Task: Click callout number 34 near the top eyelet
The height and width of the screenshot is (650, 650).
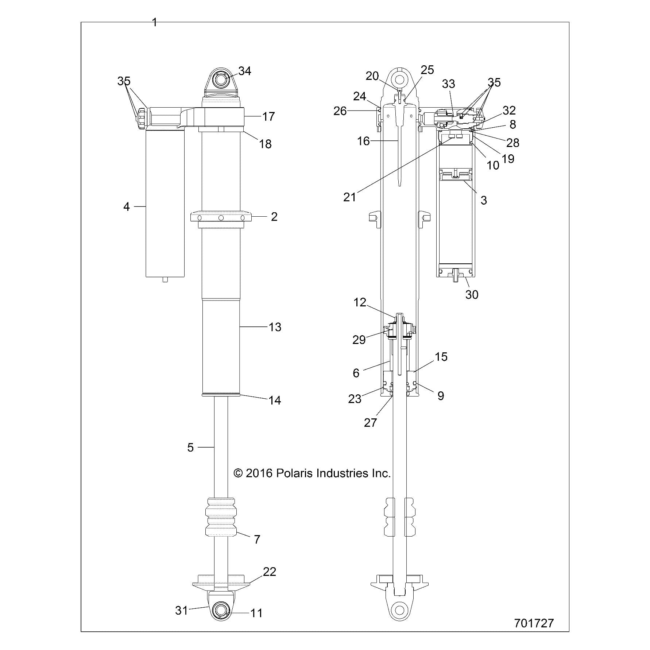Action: (x=244, y=71)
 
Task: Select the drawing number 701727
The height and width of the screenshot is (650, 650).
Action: (x=534, y=623)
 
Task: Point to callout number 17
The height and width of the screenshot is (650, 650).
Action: (x=268, y=117)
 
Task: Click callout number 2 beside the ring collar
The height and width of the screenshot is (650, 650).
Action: (x=274, y=217)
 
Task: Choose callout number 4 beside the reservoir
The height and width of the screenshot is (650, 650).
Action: (x=127, y=207)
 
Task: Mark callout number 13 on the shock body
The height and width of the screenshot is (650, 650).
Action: (x=275, y=327)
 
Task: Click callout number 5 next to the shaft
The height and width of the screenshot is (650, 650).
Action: (x=190, y=448)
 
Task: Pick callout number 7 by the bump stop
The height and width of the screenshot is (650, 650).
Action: (x=257, y=539)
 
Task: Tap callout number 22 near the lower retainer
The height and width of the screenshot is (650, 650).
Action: (x=270, y=572)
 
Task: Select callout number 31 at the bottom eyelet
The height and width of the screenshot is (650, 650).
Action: (x=181, y=610)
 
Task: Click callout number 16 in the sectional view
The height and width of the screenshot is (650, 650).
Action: (x=363, y=141)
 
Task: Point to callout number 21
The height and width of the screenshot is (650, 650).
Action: (x=349, y=197)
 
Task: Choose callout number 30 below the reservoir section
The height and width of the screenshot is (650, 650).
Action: (x=472, y=294)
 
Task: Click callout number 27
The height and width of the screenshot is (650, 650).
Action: (x=370, y=422)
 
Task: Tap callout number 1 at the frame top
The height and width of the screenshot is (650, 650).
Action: (x=155, y=23)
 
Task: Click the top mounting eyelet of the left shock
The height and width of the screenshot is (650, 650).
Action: (x=221, y=80)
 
